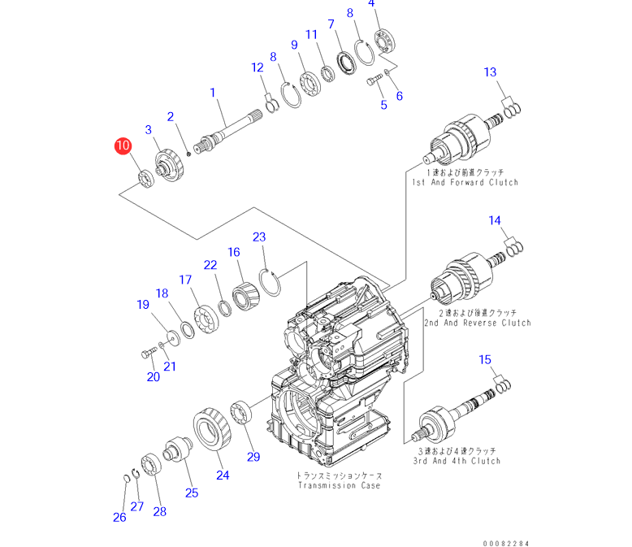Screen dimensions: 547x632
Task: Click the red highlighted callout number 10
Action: [x=123, y=146]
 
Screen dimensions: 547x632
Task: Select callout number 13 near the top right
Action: [x=490, y=73]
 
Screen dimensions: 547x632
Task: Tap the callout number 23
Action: [x=259, y=237]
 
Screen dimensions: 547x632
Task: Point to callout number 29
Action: [x=253, y=457]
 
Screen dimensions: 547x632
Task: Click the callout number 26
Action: [x=119, y=517]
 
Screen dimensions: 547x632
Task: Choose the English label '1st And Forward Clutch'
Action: [x=465, y=183]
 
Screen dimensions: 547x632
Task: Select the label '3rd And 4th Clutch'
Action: [x=457, y=461]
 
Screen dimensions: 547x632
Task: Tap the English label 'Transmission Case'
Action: [x=338, y=485]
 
